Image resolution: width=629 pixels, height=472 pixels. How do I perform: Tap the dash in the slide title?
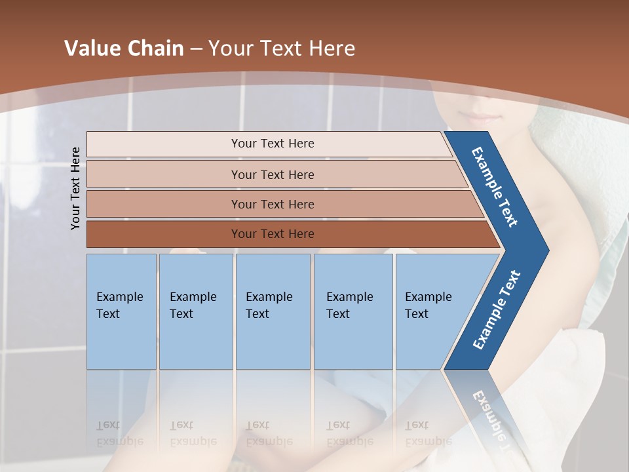pos(196,49)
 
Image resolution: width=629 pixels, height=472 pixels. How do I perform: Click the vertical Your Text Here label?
pos(76,188)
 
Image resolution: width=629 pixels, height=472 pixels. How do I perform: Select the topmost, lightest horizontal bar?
pos(272,144)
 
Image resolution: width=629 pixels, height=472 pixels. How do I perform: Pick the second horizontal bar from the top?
pos(272,174)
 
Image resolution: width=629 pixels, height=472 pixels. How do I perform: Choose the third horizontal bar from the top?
pos(272,204)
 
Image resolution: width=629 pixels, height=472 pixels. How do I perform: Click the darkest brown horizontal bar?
pos(272,234)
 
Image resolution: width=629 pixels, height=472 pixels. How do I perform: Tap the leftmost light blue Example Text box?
pos(121,311)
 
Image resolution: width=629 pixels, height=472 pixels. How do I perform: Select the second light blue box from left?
pos(195,311)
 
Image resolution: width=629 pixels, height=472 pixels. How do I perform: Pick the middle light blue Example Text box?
pos(273,311)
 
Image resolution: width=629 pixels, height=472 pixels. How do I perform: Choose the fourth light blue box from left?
pos(353,311)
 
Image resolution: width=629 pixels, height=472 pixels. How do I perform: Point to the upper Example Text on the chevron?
pos(495,187)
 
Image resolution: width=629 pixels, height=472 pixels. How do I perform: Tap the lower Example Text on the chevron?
pos(497,310)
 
